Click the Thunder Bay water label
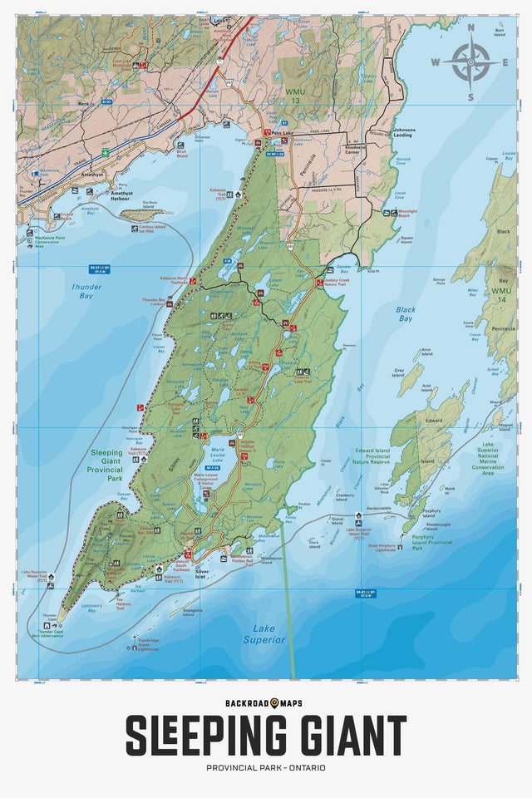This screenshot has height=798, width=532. tap(80, 290)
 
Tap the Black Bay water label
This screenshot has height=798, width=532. tap(406, 313)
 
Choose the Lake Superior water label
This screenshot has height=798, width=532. tap(264, 634)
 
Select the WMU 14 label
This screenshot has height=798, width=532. tap(501, 292)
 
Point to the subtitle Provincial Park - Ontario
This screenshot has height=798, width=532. tap(266, 767)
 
